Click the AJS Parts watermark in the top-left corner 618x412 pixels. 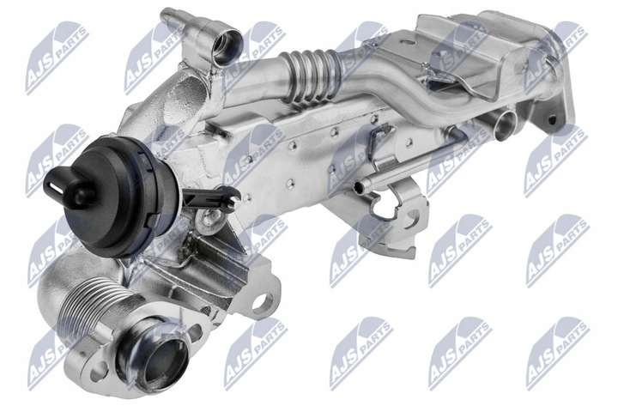(57, 55)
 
